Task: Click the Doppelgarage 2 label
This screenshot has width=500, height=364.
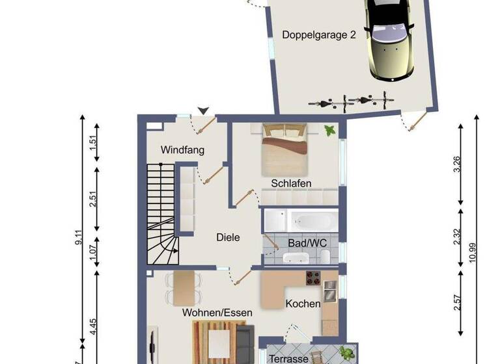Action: click(319, 35)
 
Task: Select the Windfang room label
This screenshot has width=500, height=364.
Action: click(183, 150)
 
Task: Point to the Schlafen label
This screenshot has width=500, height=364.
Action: click(291, 183)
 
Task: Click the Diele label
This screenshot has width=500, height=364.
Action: click(228, 237)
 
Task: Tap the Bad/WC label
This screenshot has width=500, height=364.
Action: click(307, 243)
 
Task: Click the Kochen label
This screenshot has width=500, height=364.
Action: click(303, 304)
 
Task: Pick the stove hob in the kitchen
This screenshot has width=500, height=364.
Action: click(312, 278)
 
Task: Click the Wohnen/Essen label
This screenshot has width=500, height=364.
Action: click(217, 313)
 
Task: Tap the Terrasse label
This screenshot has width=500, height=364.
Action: click(288, 359)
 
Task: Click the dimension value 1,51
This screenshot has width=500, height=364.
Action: click(93, 140)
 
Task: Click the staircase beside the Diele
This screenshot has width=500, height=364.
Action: click(161, 214)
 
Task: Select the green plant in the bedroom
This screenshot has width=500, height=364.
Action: click(329, 130)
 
